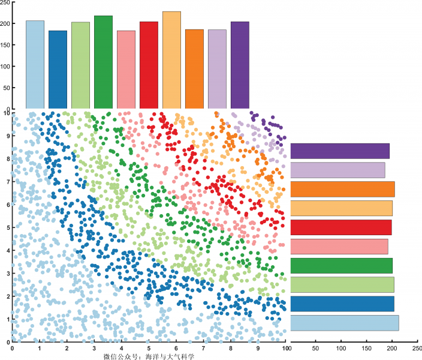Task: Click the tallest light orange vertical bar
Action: pyautogui.click(x=171, y=60)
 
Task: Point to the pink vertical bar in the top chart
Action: pyautogui.click(x=126, y=69)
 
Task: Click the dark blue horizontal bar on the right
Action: pyautogui.click(x=342, y=304)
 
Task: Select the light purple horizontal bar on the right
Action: pyautogui.click(x=337, y=170)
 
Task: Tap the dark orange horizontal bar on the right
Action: pyautogui.click(x=342, y=189)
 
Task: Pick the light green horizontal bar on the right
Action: pyautogui.click(x=342, y=284)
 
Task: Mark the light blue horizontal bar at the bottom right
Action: pyautogui.click(x=345, y=323)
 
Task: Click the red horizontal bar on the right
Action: pyautogui.click(x=341, y=227)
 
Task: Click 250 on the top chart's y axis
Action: pyautogui.click(x=5, y=2)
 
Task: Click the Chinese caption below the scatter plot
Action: pyautogui.click(x=150, y=356)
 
